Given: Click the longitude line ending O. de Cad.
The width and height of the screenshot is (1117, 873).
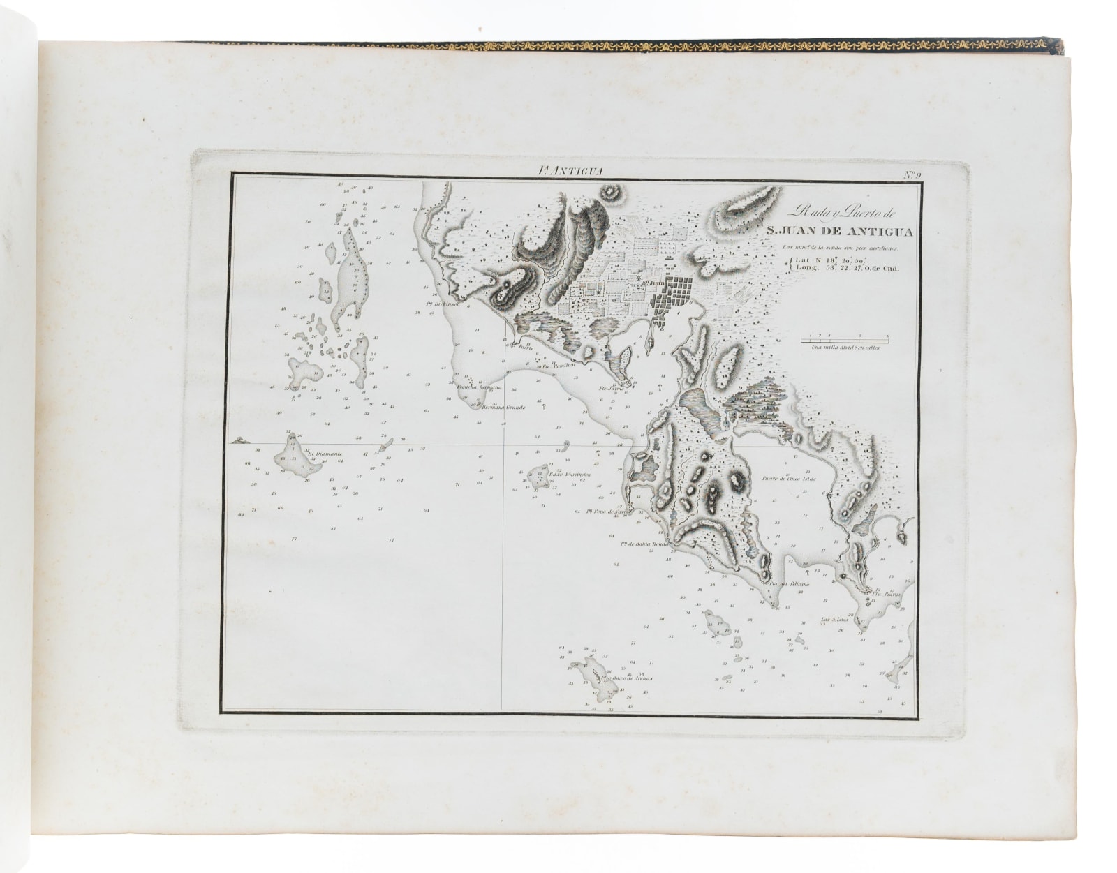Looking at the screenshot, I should tap(850, 268).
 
